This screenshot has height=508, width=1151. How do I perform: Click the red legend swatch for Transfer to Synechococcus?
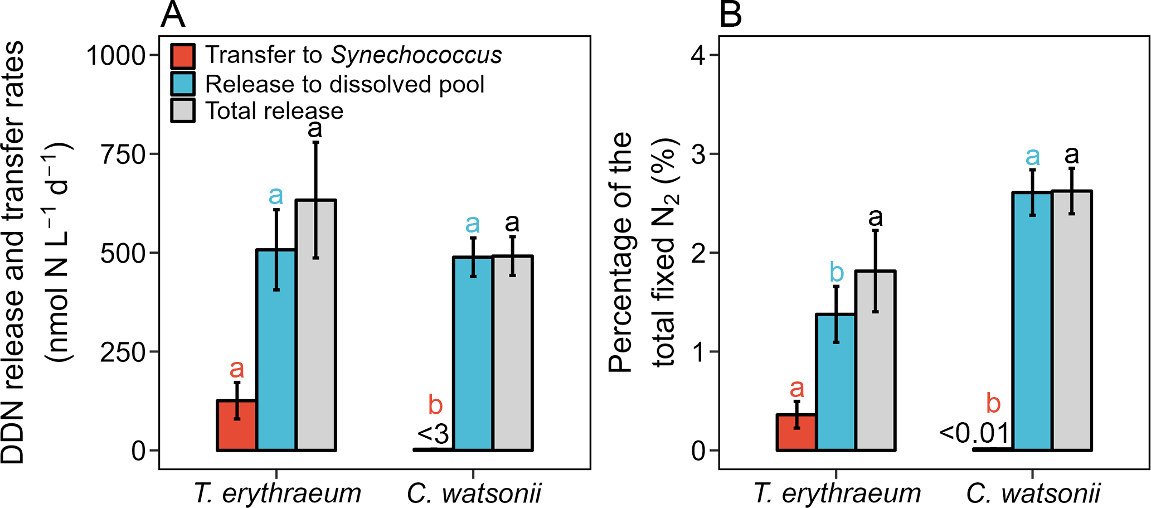point(183,56)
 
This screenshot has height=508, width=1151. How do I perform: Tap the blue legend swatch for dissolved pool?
point(183,84)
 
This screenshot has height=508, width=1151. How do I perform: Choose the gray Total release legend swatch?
point(183,110)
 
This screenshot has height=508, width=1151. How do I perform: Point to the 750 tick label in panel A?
point(122,154)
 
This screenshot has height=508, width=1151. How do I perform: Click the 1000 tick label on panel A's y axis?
point(115,56)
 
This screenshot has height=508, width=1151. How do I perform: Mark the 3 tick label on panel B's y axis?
point(699,154)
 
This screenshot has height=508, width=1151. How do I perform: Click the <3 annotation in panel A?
point(433,434)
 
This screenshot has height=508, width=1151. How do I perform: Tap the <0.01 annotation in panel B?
point(974,433)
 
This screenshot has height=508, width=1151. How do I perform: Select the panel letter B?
point(731,15)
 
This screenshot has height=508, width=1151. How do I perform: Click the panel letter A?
point(172,15)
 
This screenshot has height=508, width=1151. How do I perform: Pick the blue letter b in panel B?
point(837,272)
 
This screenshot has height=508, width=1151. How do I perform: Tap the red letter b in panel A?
point(435,404)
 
